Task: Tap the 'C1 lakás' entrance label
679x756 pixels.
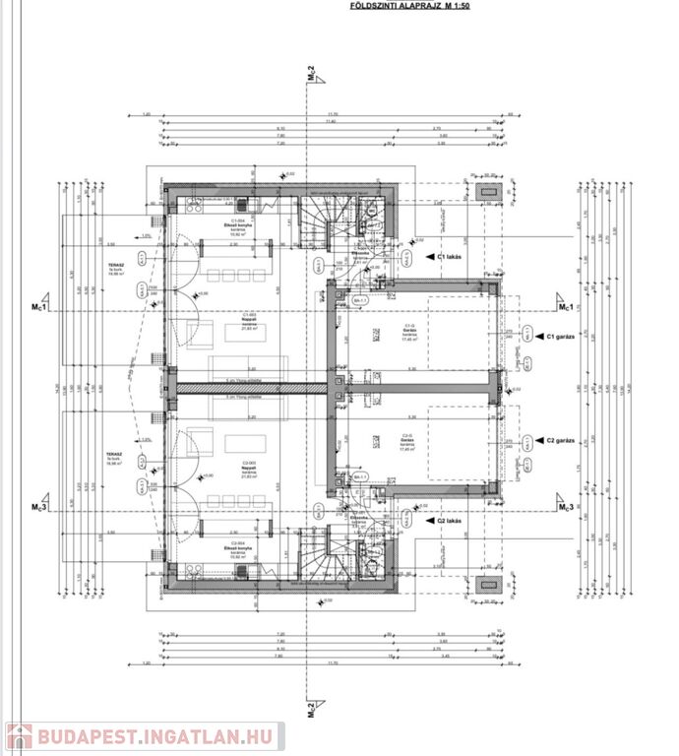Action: [457, 256]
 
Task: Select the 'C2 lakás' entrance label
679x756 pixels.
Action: [457, 523]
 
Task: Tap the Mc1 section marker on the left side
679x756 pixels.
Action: [40, 307]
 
